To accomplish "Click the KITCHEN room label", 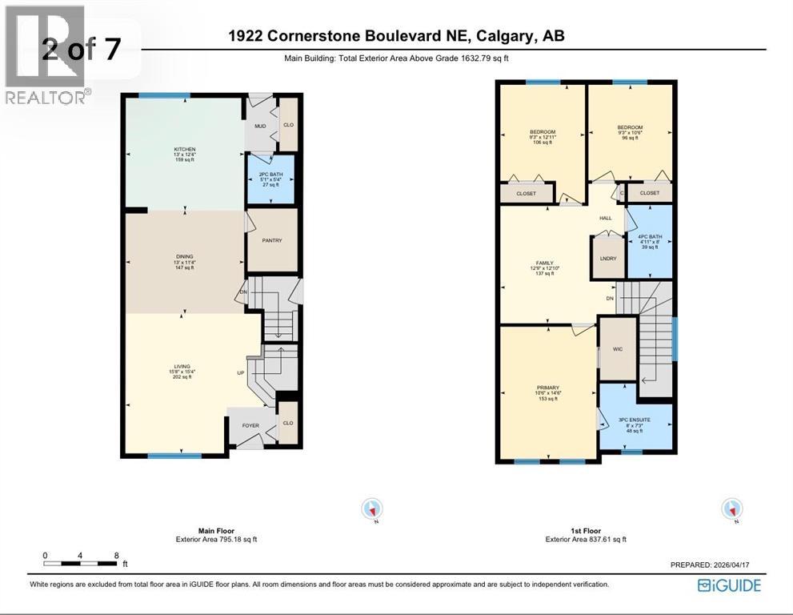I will click(185, 150).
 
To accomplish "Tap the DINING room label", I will click(185, 257).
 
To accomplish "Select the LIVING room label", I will click(182, 367).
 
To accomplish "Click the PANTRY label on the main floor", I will click(271, 240).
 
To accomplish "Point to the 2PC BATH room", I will click(270, 179).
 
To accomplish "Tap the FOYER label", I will click(250, 425).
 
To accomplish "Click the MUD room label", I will click(260, 126).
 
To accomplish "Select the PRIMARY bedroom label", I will click(547, 388).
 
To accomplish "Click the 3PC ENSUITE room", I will click(634, 420).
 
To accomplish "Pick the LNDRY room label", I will click(607, 259).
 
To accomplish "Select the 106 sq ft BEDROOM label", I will click(542, 132).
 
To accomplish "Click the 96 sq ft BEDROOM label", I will click(630, 127).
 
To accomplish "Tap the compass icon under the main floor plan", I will click(372, 508).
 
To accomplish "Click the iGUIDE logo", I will click(729, 585).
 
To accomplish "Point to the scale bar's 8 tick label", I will click(116, 555).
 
